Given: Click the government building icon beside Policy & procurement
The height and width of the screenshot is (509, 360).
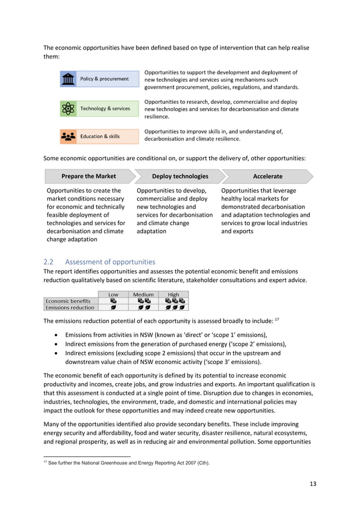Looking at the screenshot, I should (x=68, y=79).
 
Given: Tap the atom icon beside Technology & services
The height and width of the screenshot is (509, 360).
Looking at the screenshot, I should (x=68, y=108).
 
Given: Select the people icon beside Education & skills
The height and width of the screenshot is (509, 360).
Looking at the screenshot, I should (x=68, y=137).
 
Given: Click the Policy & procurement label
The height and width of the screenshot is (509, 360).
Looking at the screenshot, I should (x=104, y=79).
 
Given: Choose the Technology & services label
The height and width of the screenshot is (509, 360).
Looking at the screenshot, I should (x=105, y=108).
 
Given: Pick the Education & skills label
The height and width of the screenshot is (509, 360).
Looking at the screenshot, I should (x=100, y=137).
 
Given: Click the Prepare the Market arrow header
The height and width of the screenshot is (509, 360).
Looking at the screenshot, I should (x=89, y=176).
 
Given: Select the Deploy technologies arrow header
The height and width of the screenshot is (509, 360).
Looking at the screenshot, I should (x=179, y=176).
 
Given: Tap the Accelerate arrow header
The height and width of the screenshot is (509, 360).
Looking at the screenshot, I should (x=267, y=176).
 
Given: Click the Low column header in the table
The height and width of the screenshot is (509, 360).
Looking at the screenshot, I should (x=113, y=294).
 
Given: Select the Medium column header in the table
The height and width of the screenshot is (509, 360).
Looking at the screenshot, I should (x=143, y=294).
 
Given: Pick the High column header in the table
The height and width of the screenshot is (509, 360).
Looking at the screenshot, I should (x=174, y=294).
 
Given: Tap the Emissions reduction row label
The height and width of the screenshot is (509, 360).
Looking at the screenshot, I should (x=69, y=308).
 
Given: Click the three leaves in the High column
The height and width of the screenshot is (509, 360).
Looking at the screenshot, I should (x=174, y=308).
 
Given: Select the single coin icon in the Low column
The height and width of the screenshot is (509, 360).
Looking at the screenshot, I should (x=113, y=301).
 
